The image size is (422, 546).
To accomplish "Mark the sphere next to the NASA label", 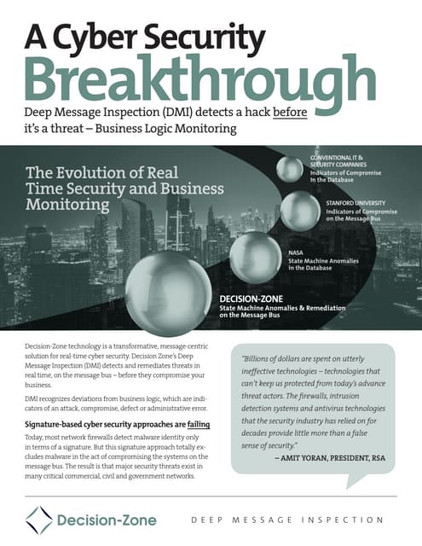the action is coord(254,256).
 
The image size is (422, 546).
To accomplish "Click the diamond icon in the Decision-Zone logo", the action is coord(38,520).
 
